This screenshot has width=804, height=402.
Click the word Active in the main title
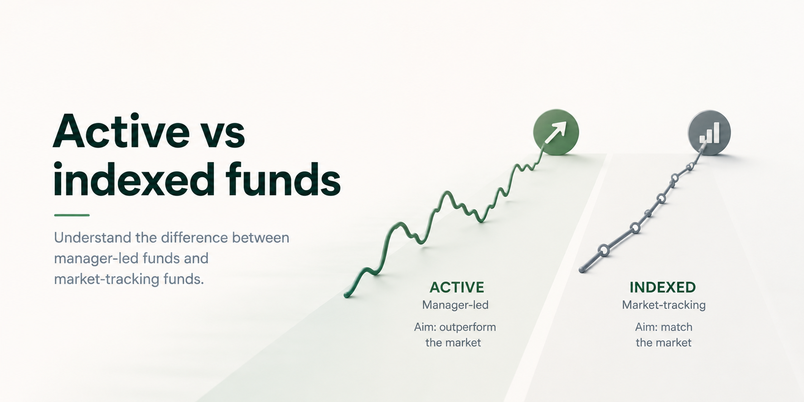click(121, 131)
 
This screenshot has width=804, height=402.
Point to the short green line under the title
click(72, 215)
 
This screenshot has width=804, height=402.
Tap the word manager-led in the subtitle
click(96, 258)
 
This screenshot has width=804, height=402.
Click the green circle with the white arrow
click(556, 132)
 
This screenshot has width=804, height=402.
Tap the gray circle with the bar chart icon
click(709, 132)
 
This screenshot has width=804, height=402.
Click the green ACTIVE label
click(457, 287)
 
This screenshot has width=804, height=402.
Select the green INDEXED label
click(663, 287)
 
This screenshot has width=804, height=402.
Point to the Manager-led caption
click(455, 305)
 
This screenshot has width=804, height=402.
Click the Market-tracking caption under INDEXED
click(664, 305)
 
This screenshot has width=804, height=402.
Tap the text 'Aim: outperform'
click(455, 327)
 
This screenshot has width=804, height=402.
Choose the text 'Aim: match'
click(664, 327)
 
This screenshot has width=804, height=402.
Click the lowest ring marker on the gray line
click(603, 250)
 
